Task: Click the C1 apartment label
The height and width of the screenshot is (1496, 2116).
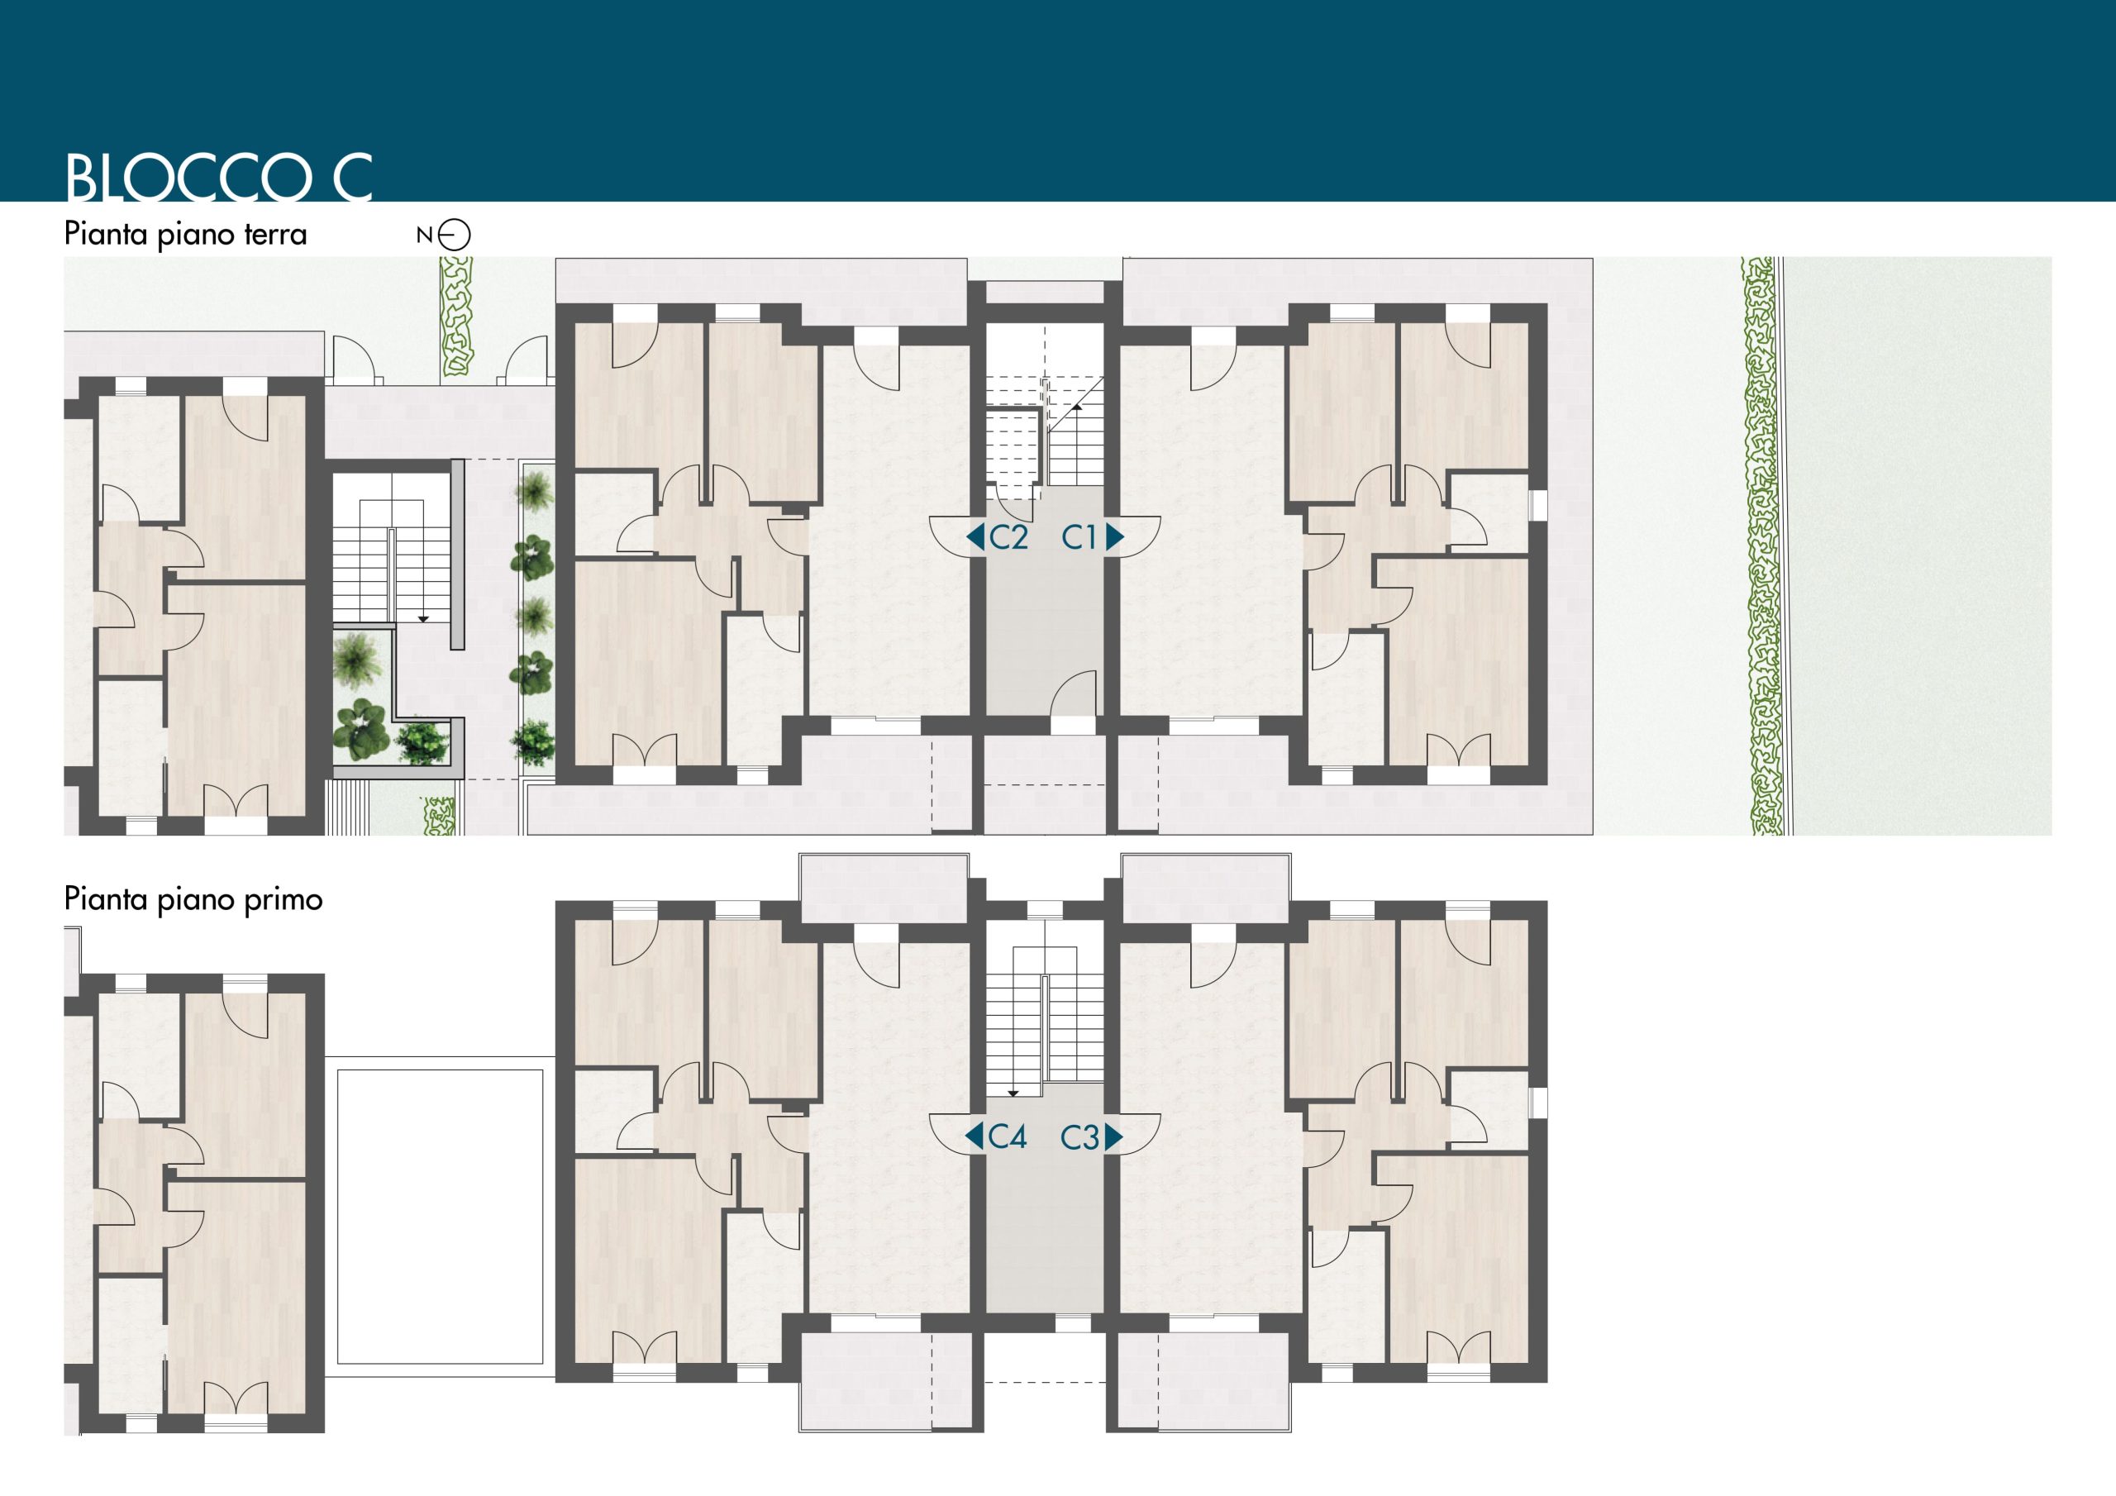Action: pyautogui.click(x=1079, y=536)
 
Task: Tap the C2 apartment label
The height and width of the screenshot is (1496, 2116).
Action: pyautogui.click(x=1008, y=536)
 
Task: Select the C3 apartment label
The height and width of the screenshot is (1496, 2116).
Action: pyautogui.click(x=1079, y=1137)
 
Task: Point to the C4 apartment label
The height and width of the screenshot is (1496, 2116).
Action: pyautogui.click(x=1008, y=1136)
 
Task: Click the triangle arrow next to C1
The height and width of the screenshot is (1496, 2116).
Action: pyautogui.click(x=1114, y=536)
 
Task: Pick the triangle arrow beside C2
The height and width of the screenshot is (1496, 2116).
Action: pyautogui.click(x=975, y=536)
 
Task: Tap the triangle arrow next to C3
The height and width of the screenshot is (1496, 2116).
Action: pyautogui.click(x=1113, y=1137)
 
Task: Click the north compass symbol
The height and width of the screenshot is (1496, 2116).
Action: pyautogui.click(x=454, y=235)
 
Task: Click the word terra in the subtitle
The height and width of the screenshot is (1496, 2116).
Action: pyautogui.click(x=275, y=234)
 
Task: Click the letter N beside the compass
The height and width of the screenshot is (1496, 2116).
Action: pyautogui.click(x=424, y=235)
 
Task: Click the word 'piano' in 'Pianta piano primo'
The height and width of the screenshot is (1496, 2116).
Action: pyautogui.click(x=195, y=901)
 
